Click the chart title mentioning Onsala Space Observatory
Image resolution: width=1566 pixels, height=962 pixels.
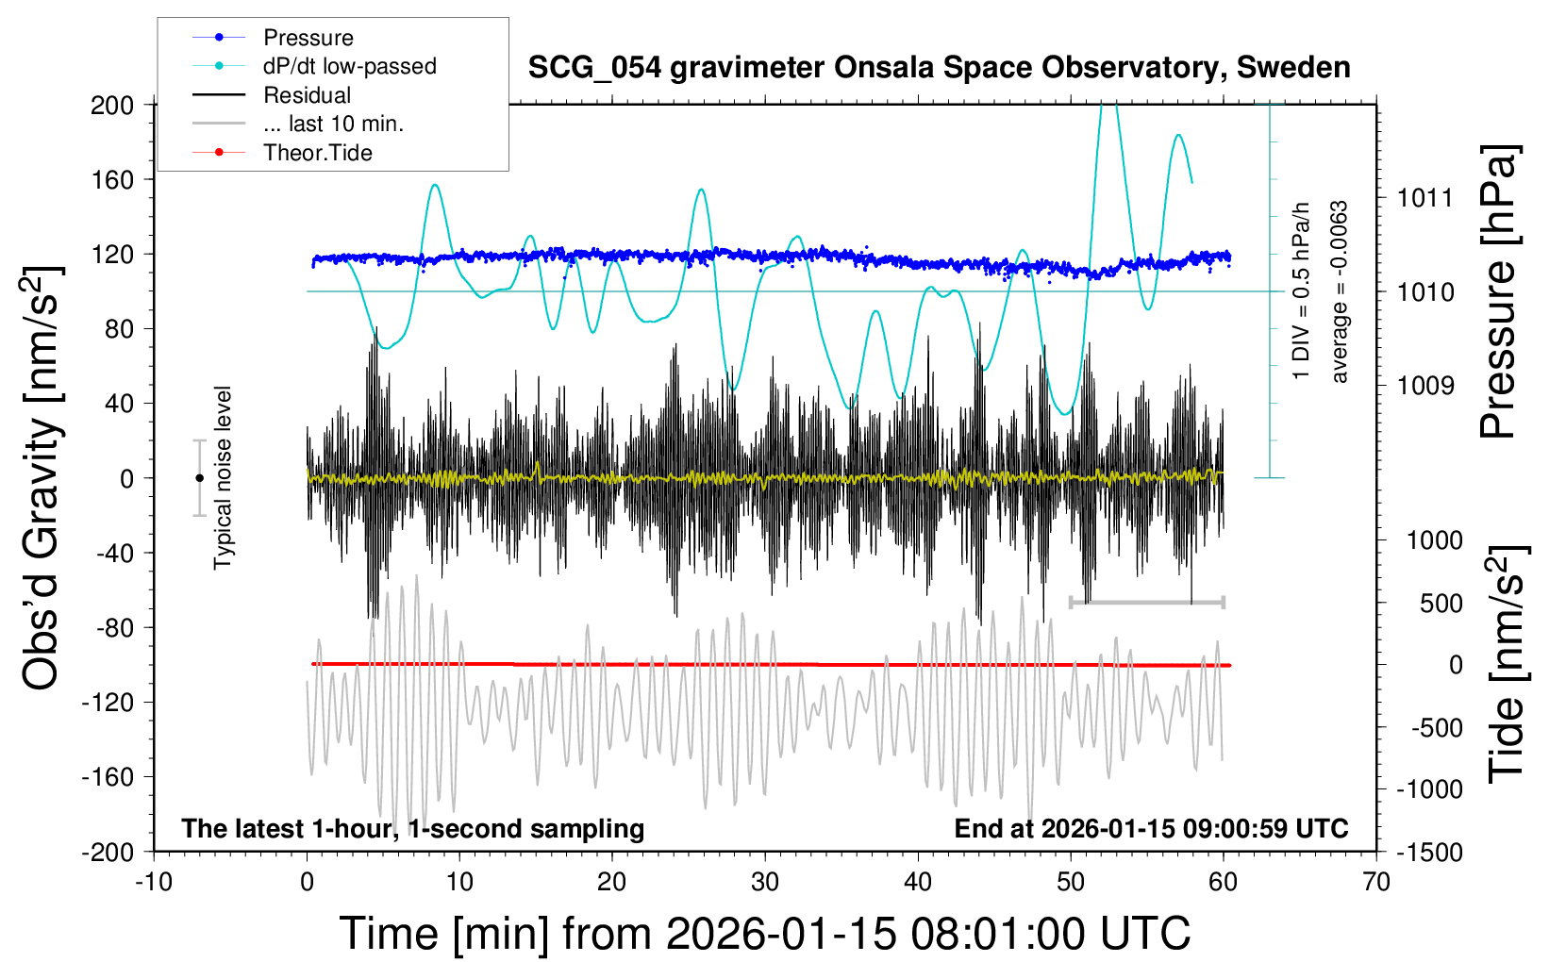click(x=939, y=68)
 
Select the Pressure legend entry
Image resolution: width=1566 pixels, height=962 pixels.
click(x=308, y=38)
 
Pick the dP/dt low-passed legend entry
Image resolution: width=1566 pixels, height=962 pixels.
click(x=349, y=66)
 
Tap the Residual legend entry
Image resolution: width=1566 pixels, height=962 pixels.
click(x=307, y=95)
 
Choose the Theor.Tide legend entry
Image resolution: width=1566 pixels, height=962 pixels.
click(x=317, y=153)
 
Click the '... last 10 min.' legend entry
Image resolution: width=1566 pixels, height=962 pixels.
click(x=333, y=124)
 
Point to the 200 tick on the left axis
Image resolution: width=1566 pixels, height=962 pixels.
click(x=112, y=105)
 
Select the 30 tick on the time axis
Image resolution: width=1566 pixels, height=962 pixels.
click(x=764, y=882)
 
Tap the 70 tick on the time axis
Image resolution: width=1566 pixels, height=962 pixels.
click(x=1376, y=882)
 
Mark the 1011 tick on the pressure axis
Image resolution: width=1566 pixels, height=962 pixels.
click(x=1425, y=198)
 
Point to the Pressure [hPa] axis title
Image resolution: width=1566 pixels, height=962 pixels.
click(x=1498, y=291)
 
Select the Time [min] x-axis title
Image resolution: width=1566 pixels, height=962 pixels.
click(x=764, y=934)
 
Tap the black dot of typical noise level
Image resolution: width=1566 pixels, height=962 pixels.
click(x=199, y=478)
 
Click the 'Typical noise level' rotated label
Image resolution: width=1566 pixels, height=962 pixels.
click(x=223, y=478)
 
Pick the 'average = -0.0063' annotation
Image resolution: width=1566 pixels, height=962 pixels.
click(x=1339, y=291)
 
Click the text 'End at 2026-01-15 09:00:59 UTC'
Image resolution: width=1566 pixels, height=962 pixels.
click(x=1151, y=829)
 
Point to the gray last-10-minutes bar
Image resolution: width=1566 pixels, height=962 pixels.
click(x=1146, y=602)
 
